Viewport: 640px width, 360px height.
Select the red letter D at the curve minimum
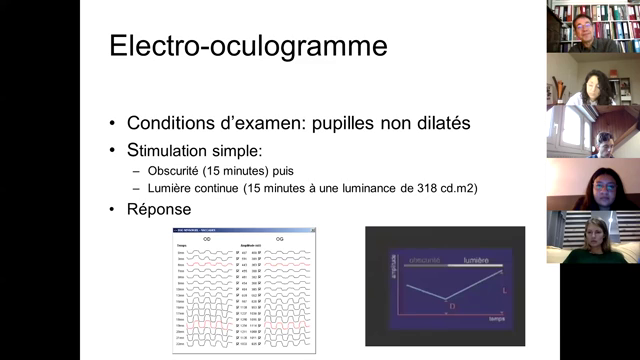click(451, 305)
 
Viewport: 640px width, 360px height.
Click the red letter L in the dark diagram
click(504, 290)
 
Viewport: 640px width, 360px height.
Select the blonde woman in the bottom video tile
click(597, 236)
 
